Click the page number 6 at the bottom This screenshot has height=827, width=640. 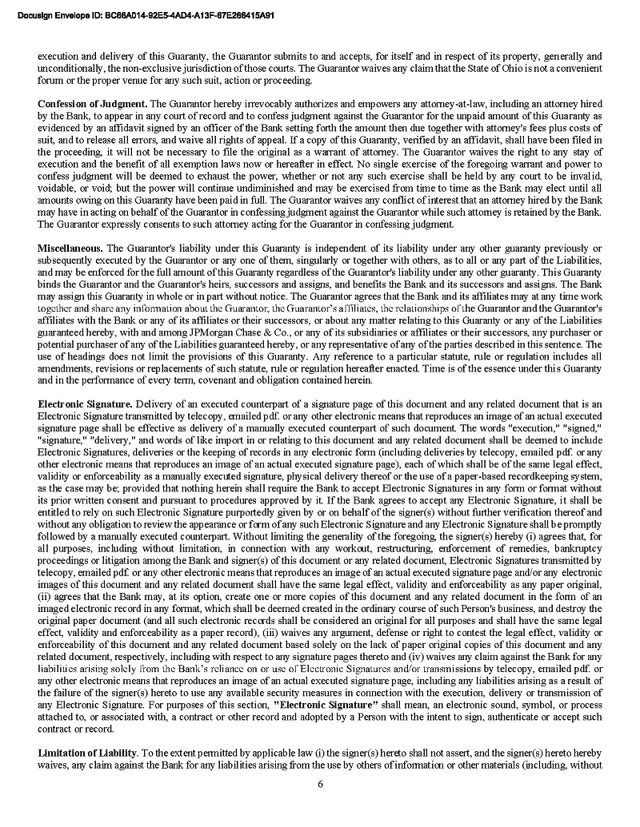click(x=320, y=783)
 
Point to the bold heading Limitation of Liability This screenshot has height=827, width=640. click(x=88, y=753)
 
